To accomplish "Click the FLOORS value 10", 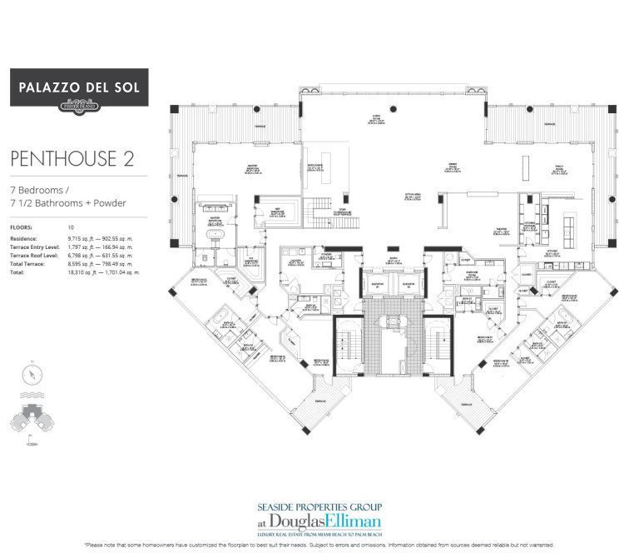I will (x=72, y=227).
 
